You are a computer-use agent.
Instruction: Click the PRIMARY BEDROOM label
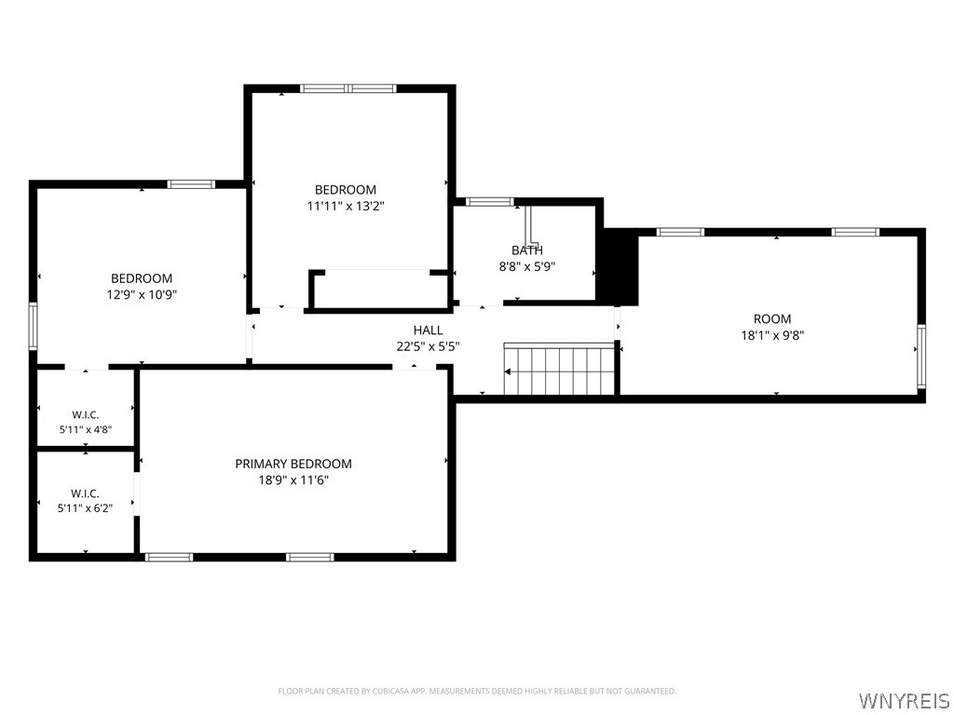click(293, 464)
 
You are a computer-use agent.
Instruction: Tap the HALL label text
click(429, 331)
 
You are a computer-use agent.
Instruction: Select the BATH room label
click(527, 250)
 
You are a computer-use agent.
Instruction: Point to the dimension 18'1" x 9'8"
click(772, 335)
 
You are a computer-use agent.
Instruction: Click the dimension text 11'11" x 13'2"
click(346, 206)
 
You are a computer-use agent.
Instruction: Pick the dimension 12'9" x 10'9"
click(142, 295)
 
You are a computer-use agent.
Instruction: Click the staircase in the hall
click(559, 369)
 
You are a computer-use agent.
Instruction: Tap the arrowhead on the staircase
click(508, 372)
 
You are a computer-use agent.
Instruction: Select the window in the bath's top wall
click(490, 202)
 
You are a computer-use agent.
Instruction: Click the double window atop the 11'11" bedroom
click(348, 88)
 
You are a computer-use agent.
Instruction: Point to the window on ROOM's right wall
click(921, 357)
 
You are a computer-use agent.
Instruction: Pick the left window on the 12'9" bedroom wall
click(33, 326)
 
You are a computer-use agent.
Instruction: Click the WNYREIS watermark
click(905, 700)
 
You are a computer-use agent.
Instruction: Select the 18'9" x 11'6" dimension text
click(293, 480)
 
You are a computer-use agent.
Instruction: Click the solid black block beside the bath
click(617, 266)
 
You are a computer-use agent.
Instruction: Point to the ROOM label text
click(772, 318)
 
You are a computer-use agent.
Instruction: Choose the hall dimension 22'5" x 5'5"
click(429, 346)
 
